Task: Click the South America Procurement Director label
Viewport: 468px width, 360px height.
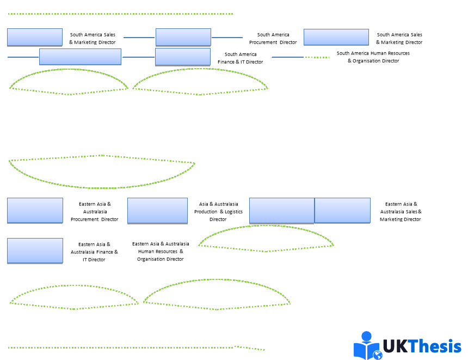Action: click(x=273, y=39)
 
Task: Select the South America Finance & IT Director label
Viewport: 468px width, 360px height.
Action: click(x=241, y=58)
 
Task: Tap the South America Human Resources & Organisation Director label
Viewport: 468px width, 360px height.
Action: click(x=373, y=57)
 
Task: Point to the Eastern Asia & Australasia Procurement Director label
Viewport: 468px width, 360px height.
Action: click(x=94, y=212)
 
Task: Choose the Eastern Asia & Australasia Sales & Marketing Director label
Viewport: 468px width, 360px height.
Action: click(x=401, y=212)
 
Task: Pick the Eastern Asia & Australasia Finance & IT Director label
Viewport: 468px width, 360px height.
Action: click(x=94, y=252)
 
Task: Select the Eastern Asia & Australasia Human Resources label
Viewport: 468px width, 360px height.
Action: click(x=161, y=252)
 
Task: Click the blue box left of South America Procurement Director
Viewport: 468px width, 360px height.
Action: click(x=183, y=37)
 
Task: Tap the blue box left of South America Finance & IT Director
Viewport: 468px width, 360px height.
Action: click(x=182, y=57)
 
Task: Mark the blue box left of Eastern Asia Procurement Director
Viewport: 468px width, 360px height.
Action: click(x=35, y=210)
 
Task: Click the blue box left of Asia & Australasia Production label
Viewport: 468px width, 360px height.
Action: click(x=157, y=211)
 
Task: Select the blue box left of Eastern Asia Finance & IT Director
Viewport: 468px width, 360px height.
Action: click(x=35, y=251)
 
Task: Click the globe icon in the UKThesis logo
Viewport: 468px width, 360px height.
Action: click(x=377, y=355)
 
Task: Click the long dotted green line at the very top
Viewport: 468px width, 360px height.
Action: click(x=120, y=14)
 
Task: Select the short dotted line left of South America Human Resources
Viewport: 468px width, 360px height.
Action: click(x=317, y=57)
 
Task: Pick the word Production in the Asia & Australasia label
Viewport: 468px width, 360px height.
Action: click(x=206, y=212)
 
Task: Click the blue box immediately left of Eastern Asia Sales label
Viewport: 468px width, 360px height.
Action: click(x=342, y=210)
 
